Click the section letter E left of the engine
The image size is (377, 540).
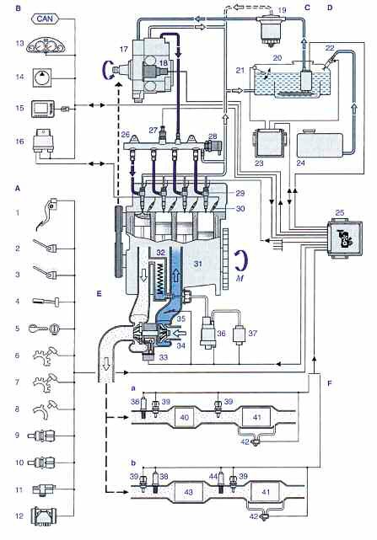(x=100, y=293)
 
